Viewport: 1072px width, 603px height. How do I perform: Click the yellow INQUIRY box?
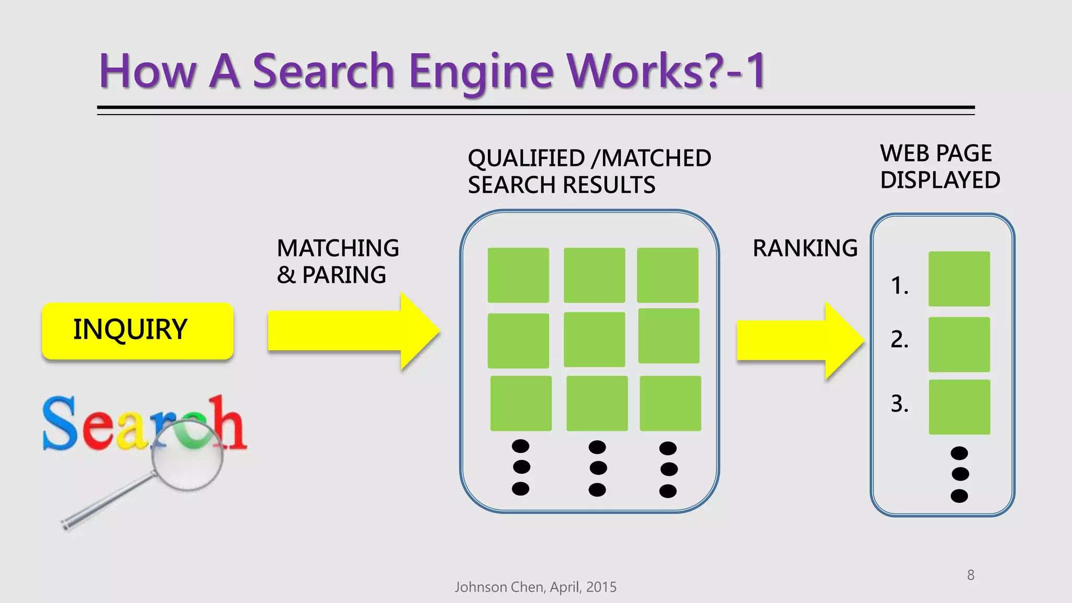[137, 330]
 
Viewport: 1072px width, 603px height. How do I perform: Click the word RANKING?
[805, 248]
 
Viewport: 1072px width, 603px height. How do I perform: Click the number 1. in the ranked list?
[899, 286]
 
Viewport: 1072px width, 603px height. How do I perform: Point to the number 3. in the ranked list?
[899, 404]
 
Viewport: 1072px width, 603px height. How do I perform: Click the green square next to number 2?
[959, 344]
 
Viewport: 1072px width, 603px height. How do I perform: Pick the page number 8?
[970, 575]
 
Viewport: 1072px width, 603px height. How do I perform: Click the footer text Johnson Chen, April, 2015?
[535, 587]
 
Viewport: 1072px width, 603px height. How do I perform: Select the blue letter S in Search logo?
[60, 423]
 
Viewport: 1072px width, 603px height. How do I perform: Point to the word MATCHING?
[338, 248]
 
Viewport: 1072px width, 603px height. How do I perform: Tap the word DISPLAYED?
[940, 180]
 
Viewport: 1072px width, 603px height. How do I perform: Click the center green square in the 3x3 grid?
[594, 340]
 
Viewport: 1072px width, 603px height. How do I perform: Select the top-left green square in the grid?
[518, 275]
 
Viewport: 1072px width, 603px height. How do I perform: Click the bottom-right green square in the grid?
[670, 403]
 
